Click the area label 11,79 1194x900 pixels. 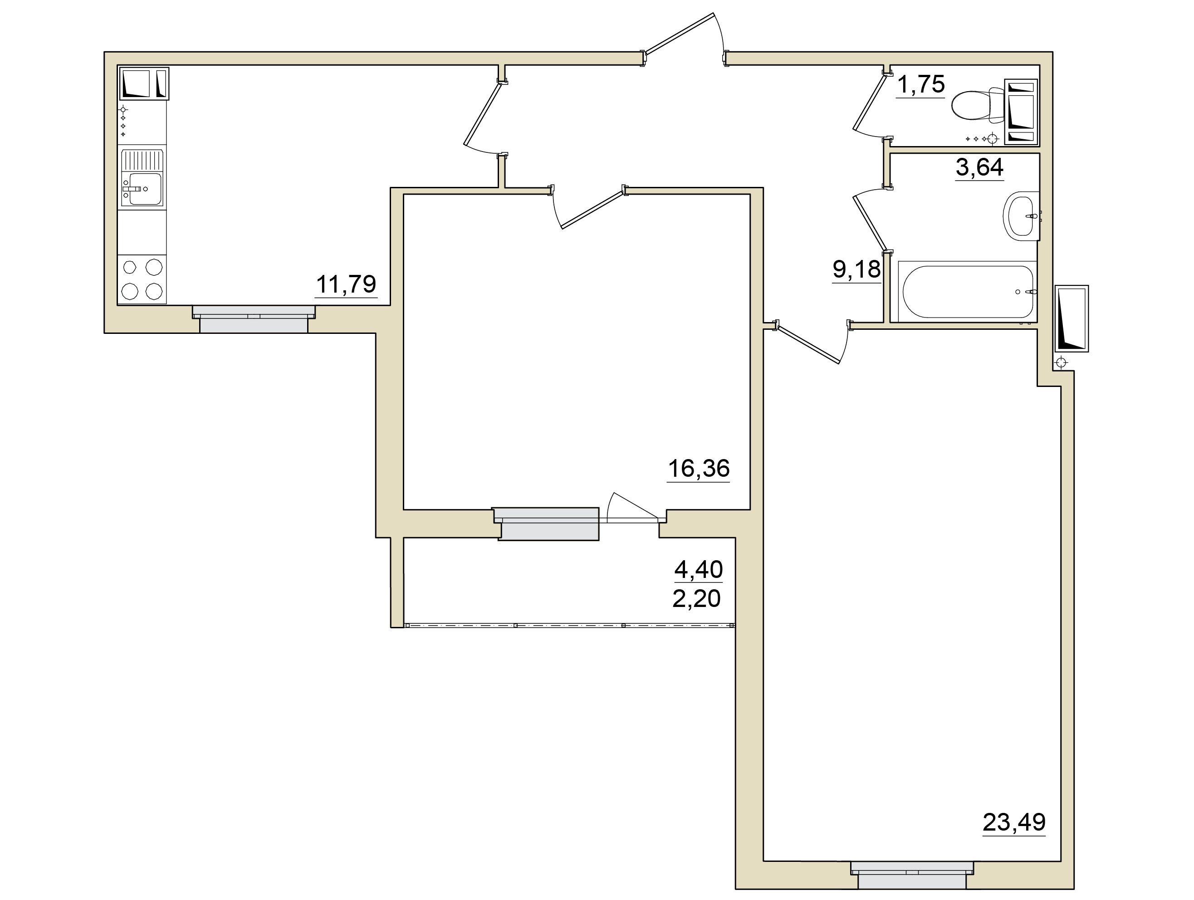346,284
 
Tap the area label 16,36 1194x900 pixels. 699,468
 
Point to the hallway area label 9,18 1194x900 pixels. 856,269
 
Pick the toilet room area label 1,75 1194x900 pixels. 921,84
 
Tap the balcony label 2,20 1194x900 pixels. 696,599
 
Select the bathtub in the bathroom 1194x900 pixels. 966,292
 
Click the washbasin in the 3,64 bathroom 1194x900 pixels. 1021,215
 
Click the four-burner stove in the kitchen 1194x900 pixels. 142,279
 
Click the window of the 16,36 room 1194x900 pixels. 546,523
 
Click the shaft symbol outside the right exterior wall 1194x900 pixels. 1072,318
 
